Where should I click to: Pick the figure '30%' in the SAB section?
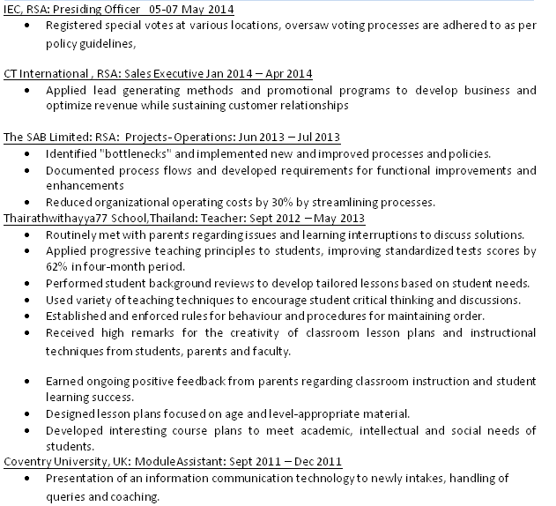pos(250,202)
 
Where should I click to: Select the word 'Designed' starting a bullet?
pos(71,413)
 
